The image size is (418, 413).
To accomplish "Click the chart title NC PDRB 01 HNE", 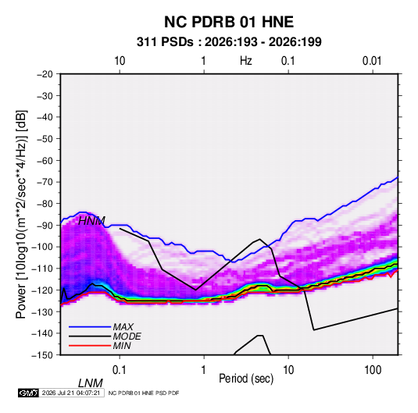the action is click(x=229, y=22).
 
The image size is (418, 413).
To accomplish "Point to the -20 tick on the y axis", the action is click(x=45, y=74).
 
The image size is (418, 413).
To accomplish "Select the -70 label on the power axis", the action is click(x=45, y=182).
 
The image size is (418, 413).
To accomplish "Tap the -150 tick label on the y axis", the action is click(x=42, y=355).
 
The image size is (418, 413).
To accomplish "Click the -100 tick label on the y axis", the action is click(x=42, y=247).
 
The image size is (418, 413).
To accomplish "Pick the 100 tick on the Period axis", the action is click(x=373, y=370).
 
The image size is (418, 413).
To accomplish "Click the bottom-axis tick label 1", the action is click(x=204, y=370).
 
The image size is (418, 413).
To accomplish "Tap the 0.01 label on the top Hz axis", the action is click(x=372, y=61).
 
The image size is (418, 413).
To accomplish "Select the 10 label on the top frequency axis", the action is click(x=120, y=61).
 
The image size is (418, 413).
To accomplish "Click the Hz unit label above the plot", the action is click(x=245, y=61).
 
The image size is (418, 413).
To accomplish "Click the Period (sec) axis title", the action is click(x=246, y=379).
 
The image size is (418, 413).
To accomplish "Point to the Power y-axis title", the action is click(x=21, y=214).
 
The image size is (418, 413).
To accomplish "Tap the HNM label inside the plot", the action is click(x=91, y=221).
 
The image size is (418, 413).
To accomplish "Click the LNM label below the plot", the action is click(x=90, y=383).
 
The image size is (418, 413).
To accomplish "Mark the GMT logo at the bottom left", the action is click(x=28, y=393).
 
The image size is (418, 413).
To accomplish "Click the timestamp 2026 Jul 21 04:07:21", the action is click(x=71, y=393).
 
